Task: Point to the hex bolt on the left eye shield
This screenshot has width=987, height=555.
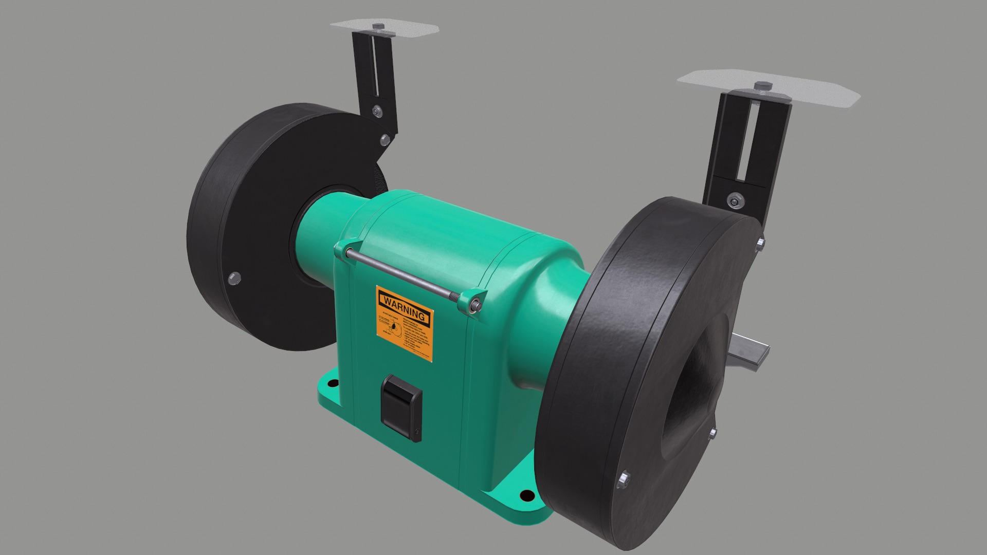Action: [379, 27]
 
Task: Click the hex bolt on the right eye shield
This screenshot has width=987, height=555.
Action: [760, 86]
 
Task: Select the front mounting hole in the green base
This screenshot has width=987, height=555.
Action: [527, 495]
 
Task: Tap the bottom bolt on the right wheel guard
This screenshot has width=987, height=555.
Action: [625, 480]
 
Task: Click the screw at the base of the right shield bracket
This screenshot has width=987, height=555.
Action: [734, 199]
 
